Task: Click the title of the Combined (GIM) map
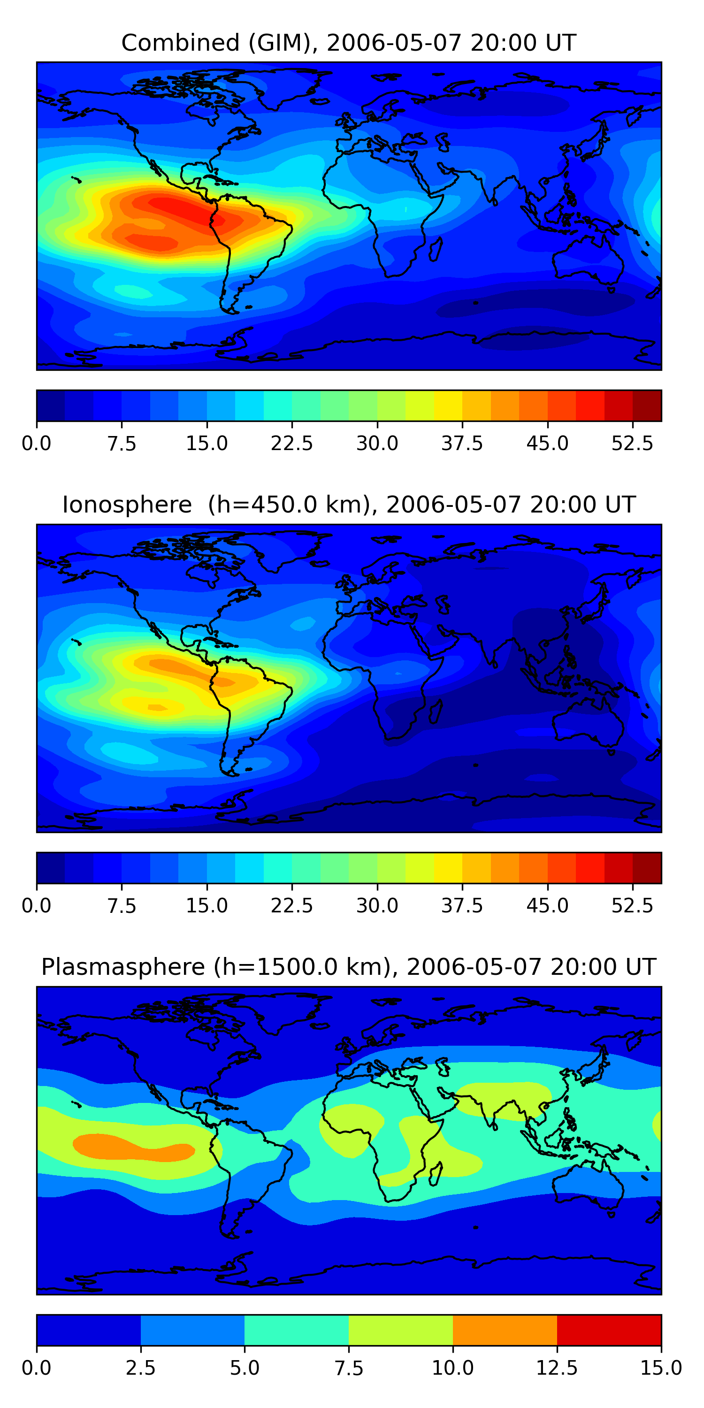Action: click(349, 43)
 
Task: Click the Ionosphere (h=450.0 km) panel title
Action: click(349, 505)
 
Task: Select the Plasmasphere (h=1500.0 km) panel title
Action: click(349, 967)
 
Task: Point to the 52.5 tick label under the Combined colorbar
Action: click(632, 443)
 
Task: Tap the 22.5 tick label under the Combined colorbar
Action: click(292, 443)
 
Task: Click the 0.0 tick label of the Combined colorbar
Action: click(37, 443)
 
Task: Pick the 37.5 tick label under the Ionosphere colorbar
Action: click(462, 906)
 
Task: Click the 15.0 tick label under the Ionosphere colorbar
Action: click(207, 906)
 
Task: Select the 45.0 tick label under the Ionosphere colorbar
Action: click(547, 906)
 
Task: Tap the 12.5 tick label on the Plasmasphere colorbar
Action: click(557, 1368)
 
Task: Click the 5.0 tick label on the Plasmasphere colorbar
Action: click(245, 1368)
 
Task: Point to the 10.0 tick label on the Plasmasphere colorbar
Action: click(452, 1368)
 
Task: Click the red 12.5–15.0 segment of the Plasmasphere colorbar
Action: click(609, 1330)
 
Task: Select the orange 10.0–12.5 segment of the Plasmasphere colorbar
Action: click(505, 1330)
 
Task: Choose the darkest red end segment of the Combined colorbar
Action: click(647, 406)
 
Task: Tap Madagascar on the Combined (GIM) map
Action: click(436, 249)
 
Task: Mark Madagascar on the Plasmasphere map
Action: click(436, 1173)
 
